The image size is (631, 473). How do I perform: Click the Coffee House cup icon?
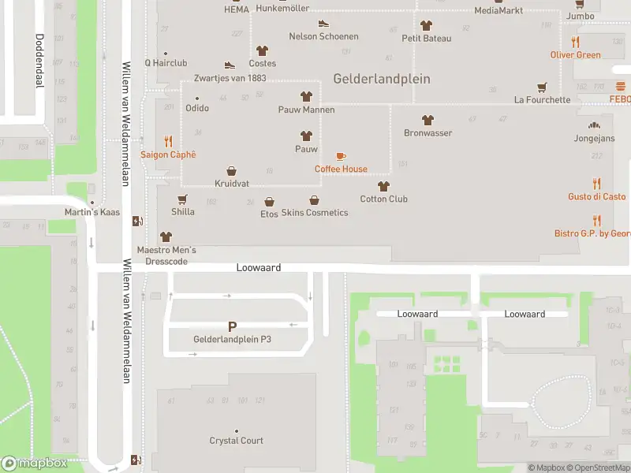(x=341, y=156)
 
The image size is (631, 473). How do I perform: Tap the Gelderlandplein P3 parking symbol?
(x=232, y=326)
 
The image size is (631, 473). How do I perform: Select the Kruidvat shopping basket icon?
(x=232, y=170)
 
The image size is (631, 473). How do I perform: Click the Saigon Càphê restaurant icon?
(x=168, y=142)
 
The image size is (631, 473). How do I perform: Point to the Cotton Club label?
(x=384, y=199)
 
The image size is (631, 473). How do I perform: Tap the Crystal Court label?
(x=237, y=441)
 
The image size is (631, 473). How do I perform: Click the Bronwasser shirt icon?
(x=428, y=120)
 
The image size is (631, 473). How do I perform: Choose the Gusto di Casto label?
(x=597, y=196)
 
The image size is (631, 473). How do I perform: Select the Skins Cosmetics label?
(x=315, y=213)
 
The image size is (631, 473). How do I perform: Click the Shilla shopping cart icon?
(x=183, y=199)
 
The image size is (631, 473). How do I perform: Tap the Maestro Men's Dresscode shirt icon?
(x=166, y=236)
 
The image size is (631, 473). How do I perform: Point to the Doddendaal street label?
(x=38, y=61)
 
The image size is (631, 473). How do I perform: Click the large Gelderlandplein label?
(x=382, y=79)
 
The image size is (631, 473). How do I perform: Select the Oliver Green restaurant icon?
(x=576, y=43)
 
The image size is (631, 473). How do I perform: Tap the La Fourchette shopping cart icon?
(x=542, y=88)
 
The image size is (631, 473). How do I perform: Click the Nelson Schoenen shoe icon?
(x=323, y=24)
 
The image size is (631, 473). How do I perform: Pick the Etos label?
(x=269, y=214)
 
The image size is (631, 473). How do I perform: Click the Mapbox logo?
(x=35, y=464)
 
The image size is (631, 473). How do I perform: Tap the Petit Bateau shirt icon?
(x=427, y=25)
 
